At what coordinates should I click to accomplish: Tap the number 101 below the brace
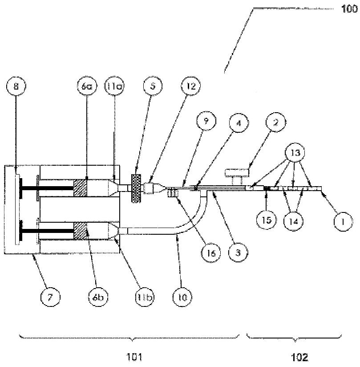pyautogui.click(x=133, y=356)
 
